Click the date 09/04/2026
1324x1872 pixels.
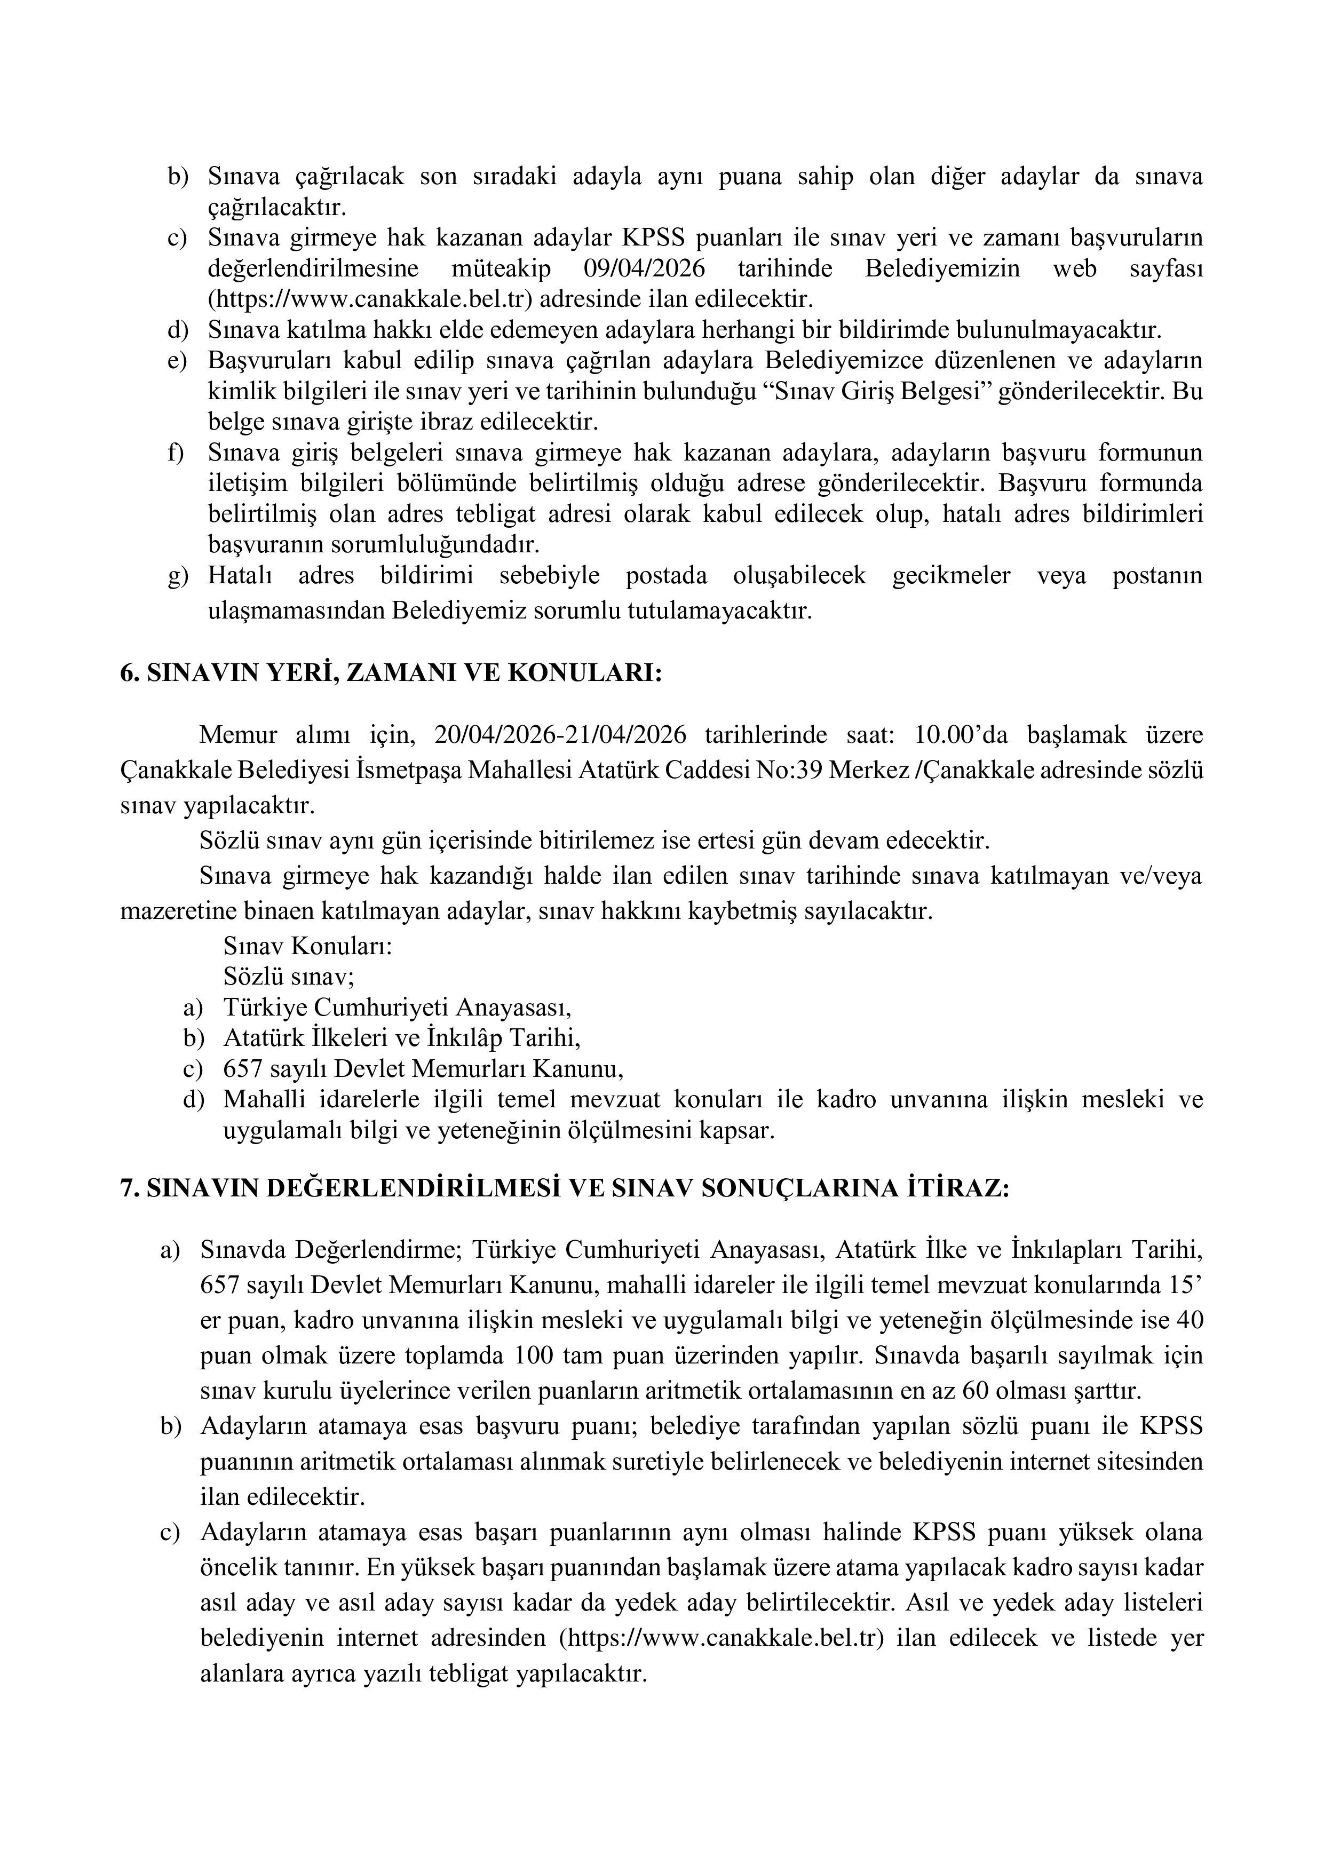(644, 268)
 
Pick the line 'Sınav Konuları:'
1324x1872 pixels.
(308, 947)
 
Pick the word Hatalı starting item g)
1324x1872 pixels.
(241, 576)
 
